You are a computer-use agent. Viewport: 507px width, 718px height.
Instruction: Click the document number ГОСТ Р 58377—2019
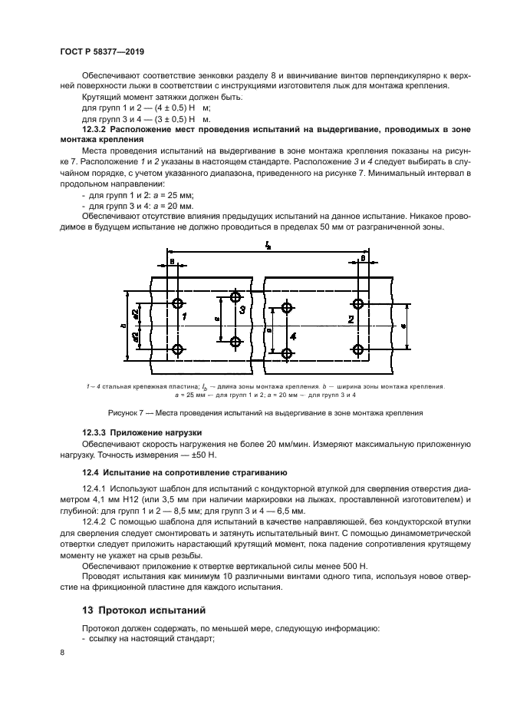tap(102, 51)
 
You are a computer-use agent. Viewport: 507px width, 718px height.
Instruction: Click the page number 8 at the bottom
tap(63, 652)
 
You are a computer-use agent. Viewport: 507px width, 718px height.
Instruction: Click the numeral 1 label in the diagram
tap(185, 316)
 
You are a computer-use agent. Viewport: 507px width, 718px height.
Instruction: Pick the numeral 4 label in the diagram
tap(294, 336)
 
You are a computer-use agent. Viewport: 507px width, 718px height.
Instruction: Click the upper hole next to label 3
tap(235, 297)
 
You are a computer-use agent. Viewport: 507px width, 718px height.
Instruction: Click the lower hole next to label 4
tap(287, 353)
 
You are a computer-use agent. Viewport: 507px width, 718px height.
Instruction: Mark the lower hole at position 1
tap(178, 350)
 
